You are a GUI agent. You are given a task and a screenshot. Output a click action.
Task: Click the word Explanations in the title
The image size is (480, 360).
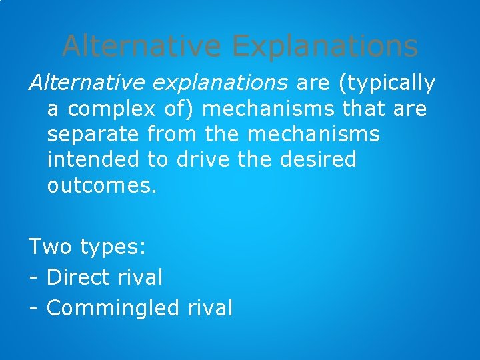(325, 47)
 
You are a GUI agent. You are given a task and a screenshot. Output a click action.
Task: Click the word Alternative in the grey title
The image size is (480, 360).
(143, 47)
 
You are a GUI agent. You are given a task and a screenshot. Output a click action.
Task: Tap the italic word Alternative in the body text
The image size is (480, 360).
(85, 83)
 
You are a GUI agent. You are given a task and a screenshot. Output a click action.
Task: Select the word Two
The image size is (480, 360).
(51, 247)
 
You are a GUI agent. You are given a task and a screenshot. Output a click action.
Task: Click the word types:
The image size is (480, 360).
(113, 248)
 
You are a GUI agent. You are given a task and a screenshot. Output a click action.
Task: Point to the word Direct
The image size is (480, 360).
(80, 277)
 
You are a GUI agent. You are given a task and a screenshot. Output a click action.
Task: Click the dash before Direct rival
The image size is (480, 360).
(33, 278)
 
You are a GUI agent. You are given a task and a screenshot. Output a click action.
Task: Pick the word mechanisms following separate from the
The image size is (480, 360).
(313, 134)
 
